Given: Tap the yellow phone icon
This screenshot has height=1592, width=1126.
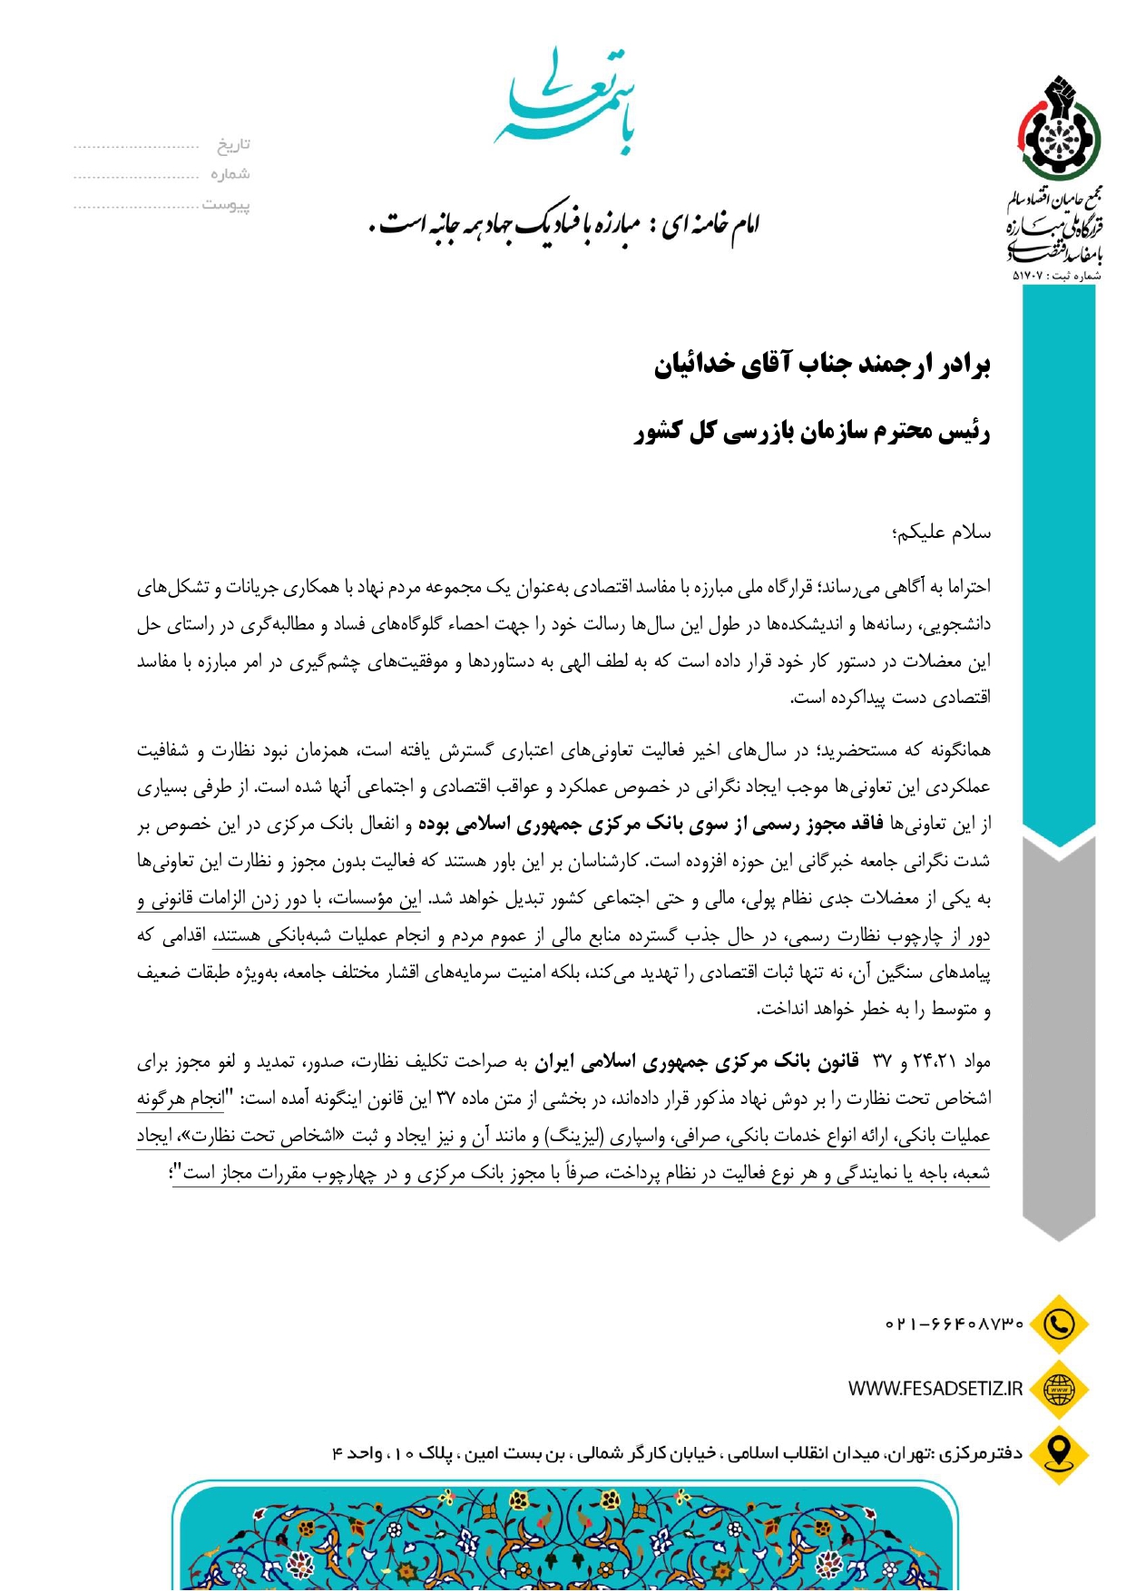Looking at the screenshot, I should coord(1058,1324).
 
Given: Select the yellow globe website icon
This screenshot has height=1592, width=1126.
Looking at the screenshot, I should coord(1058,1389).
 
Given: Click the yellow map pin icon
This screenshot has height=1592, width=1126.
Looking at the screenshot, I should coord(1058,1453).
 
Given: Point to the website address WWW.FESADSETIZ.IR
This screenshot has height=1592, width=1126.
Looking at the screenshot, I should coord(935,1389).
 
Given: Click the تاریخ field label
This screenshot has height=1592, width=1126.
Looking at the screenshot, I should coord(233,145).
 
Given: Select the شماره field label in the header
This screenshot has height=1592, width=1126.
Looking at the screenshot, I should coord(230,174).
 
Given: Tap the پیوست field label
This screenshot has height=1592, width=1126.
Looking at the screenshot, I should coord(226,205).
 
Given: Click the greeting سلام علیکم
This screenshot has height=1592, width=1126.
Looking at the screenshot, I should coord(942,532).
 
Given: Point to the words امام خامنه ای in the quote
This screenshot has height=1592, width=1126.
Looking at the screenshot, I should coord(711,223).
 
